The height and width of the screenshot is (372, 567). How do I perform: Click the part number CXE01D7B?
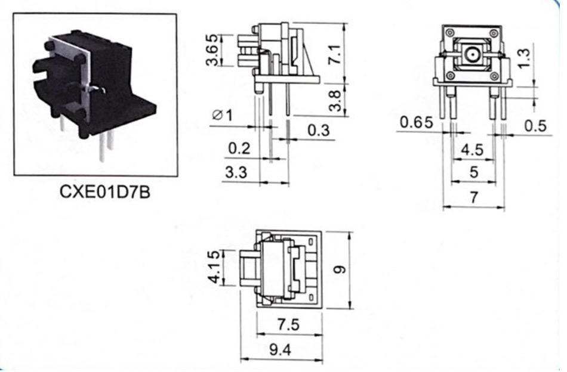coord(104,192)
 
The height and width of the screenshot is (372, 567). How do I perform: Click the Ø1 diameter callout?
coord(223,115)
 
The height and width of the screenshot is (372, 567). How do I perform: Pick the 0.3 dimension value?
coord(319,130)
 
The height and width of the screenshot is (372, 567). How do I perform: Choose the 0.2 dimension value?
coord(239,148)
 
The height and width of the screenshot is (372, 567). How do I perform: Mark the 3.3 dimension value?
coord(236,172)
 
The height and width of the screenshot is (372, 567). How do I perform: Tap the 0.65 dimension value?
coord(416,122)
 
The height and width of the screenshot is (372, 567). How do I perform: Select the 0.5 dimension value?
coord(535,126)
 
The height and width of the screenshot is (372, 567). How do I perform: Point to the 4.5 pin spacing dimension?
coord(472,150)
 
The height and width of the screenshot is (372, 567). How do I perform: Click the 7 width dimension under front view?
coord(474,197)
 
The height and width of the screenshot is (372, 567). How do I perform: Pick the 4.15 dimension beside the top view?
coord(213,267)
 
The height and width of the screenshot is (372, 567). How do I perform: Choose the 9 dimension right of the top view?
coord(339,269)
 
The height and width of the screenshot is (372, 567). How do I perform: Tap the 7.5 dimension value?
coord(288,325)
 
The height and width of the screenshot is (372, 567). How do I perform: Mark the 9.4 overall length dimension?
coord(280,349)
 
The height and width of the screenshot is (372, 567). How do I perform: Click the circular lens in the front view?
coord(472,54)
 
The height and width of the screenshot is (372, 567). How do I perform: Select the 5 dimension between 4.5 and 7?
coord(474,172)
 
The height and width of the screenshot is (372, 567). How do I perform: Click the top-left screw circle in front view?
coord(450,33)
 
